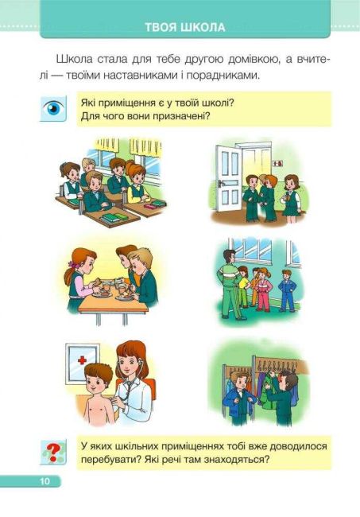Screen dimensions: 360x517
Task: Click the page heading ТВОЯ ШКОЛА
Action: (x=185, y=27)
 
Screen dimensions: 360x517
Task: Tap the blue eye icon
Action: (x=53, y=108)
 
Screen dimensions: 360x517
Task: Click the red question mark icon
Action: (x=53, y=452)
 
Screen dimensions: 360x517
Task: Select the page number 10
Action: (x=45, y=481)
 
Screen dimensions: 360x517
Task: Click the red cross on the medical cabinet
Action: (x=82, y=360)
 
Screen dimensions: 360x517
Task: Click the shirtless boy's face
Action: (x=96, y=383)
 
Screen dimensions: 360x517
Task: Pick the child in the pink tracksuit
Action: (x=263, y=290)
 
